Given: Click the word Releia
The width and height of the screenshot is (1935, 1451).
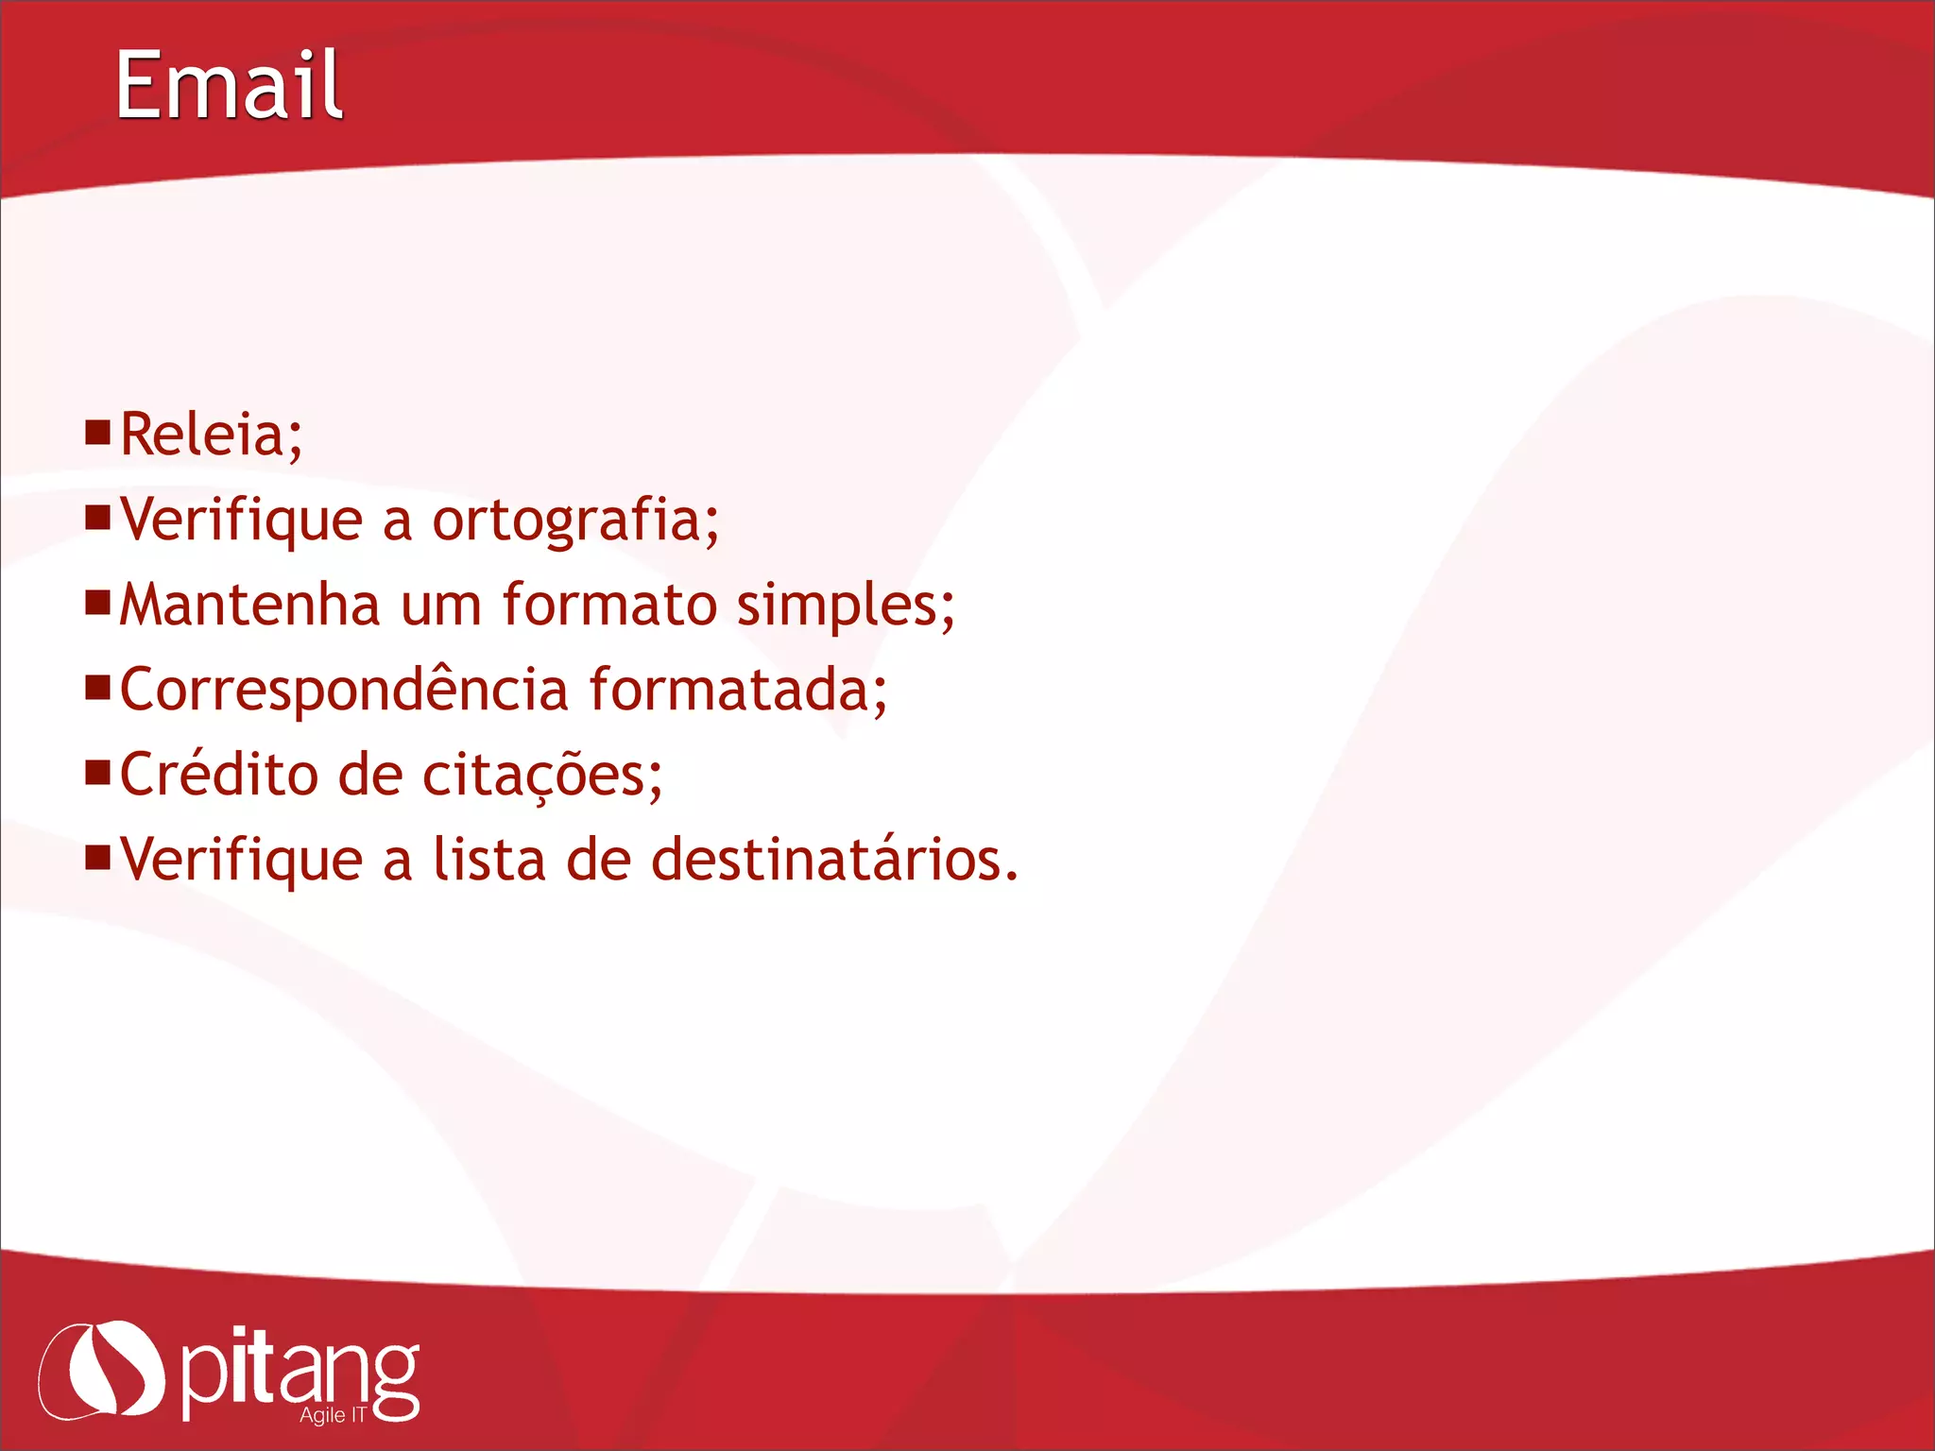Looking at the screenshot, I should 202,435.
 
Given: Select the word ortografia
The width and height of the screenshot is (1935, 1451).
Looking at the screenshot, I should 566,521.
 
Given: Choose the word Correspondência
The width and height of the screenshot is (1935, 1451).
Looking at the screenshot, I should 345,690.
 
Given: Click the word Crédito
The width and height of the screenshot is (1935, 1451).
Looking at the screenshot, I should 220,775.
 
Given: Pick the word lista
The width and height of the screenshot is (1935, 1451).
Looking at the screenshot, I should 489,860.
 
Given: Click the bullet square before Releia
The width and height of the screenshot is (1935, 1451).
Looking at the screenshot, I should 97,432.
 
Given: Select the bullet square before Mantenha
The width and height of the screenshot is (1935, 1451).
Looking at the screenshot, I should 97,602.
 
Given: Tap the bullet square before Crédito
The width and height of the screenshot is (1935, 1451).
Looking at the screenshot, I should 97,773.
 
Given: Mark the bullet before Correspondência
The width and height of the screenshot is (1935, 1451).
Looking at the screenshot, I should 97,687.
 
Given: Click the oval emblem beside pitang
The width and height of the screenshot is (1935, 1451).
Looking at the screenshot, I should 101,1370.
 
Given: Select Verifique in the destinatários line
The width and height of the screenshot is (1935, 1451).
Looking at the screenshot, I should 242,861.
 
